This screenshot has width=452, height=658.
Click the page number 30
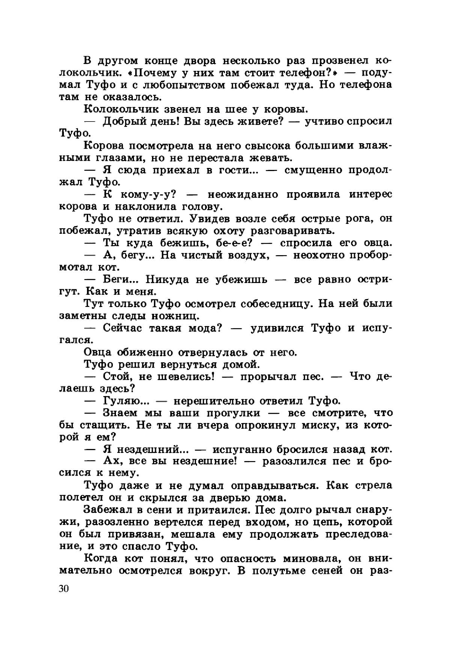[x=64, y=589]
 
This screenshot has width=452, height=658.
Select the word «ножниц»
[x=176, y=316]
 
